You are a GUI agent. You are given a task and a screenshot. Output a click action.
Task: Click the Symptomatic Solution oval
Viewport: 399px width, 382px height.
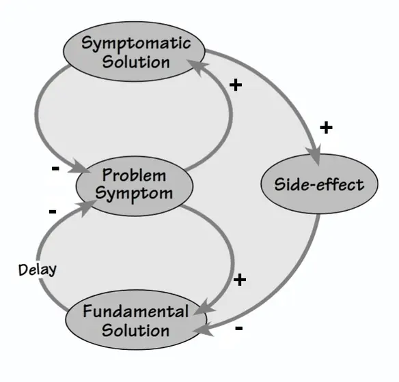tap(134, 52)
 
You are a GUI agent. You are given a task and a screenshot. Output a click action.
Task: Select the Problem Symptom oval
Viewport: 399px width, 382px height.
tap(134, 186)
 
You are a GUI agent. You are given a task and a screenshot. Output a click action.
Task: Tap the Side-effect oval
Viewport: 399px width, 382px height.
tap(319, 183)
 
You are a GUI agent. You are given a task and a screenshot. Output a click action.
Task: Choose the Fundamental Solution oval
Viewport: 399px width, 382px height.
tap(136, 320)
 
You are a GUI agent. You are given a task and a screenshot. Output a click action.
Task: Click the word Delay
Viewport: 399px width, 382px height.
tap(38, 269)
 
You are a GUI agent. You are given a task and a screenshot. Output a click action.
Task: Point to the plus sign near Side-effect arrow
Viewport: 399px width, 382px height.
tap(326, 128)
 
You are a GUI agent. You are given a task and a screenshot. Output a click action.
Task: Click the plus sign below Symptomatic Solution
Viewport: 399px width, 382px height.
tap(236, 85)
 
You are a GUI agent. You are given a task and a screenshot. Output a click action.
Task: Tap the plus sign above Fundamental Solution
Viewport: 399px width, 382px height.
tap(240, 280)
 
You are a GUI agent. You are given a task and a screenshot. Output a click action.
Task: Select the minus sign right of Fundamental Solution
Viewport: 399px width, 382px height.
tap(239, 328)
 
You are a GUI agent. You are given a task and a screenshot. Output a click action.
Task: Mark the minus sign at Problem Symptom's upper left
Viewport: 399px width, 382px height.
tap(55, 168)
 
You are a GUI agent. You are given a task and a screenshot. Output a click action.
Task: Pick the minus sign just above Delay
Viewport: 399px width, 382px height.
tap(53, 211)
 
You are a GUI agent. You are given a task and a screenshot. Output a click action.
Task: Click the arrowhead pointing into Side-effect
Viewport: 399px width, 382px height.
tap(316, 155)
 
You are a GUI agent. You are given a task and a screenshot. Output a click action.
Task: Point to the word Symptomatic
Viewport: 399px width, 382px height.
tap(136, 43)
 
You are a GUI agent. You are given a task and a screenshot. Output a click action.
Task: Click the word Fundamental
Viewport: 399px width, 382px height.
tap(136, 311)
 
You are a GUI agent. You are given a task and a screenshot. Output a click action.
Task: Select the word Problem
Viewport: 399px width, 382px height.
tap(134, 175)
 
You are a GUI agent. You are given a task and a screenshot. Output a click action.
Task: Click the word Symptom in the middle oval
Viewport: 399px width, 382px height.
tap(134, 194)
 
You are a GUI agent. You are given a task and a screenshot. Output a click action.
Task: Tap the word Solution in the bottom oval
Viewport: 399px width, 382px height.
tap(136, 330)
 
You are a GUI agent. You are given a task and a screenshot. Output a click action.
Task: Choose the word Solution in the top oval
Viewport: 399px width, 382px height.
tap(136, 61)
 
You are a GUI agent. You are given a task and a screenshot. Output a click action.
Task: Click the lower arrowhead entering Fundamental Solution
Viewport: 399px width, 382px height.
tap(203, 329)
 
